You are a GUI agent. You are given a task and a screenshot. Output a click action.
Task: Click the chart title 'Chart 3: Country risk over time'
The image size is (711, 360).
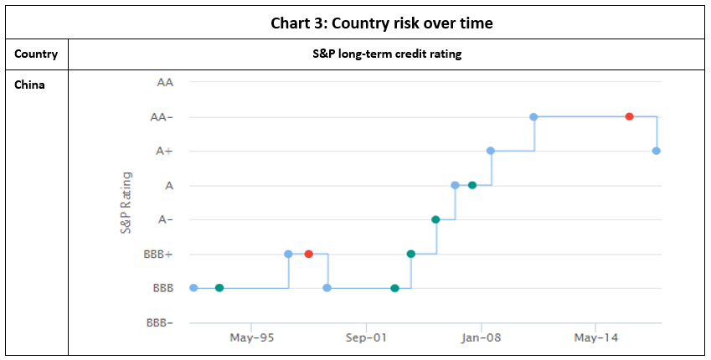381,23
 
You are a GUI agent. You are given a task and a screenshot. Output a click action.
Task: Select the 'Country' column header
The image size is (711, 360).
36,54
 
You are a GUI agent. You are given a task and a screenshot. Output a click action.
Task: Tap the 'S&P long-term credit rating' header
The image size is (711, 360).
381,54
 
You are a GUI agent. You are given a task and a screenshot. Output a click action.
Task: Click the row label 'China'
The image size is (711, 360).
29,84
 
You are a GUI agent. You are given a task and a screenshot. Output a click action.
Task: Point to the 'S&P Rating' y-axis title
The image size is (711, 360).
126,203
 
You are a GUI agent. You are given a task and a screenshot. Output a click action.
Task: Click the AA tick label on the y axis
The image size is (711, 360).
165,82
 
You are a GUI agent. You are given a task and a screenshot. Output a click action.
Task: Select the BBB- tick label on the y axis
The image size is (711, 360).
160,322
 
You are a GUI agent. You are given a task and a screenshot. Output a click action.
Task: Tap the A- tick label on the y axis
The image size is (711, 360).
166,219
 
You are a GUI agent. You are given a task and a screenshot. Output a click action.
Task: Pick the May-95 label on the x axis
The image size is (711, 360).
251,338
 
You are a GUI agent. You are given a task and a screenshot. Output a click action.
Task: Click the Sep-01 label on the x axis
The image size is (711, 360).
366,338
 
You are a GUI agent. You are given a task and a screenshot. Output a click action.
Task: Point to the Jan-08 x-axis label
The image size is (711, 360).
481,338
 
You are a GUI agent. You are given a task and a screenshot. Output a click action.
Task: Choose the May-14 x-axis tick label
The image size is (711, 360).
595,338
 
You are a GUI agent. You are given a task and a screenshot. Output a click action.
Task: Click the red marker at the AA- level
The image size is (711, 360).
629,116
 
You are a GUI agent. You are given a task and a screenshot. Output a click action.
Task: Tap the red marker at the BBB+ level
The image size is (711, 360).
309,254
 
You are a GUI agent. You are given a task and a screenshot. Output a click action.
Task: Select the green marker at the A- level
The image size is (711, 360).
435,219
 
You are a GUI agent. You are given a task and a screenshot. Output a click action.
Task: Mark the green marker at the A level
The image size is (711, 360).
472,185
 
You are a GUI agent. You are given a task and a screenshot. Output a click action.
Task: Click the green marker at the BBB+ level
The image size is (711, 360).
410,254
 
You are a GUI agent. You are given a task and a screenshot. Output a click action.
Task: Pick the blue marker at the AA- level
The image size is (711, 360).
533,116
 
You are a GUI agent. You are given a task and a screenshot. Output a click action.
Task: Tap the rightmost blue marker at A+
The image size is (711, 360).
657,151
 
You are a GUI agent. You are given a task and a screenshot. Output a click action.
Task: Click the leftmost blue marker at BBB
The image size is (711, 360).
193,288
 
